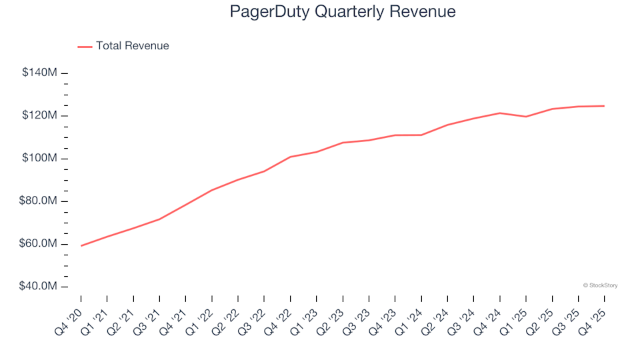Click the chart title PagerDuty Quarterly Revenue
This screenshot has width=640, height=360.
343,12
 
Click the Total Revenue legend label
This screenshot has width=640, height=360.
132,46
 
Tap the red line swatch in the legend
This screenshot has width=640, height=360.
85,47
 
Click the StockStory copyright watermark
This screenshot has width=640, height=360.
600,285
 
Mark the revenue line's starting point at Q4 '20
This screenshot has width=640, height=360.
81,246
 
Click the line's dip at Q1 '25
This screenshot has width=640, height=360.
526,117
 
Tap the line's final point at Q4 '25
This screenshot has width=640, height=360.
604,106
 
